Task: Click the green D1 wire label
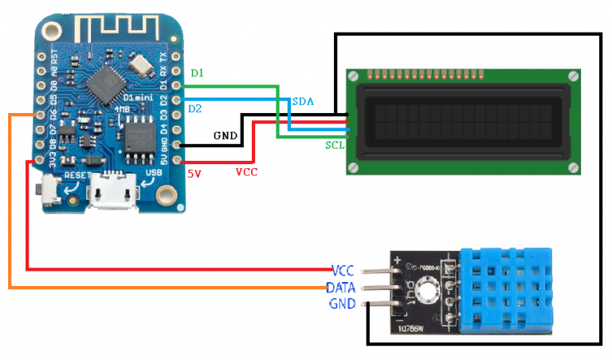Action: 197,73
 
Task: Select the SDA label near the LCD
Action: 303,102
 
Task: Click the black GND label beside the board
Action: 226,135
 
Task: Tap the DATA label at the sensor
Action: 340,287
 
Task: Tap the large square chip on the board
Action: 104,80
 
